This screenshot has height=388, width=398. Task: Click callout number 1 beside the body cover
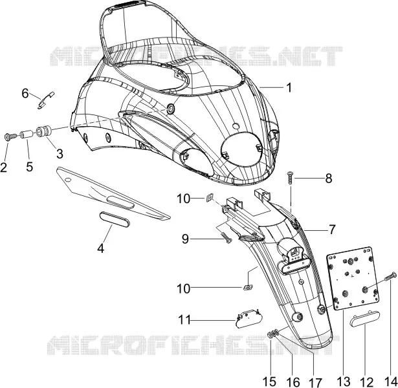pos(289,87)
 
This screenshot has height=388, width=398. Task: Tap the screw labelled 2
pos(10,137)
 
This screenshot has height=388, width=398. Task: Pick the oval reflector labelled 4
pos(115,219)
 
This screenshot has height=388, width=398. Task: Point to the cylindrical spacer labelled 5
pos(27,134)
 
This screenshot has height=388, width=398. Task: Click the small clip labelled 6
pos(46,100)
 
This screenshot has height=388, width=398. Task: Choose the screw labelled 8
pos(290,179)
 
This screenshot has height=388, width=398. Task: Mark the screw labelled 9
pos(227,238)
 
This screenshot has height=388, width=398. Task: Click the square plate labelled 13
pos(352,279)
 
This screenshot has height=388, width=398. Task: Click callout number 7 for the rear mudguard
pos(332,230)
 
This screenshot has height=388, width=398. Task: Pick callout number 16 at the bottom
pos(293,382)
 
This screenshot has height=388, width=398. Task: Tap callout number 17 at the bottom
pos(316,382)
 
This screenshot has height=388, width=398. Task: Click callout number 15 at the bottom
pos(269,381)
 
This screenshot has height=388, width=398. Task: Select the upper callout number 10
pos(184,199)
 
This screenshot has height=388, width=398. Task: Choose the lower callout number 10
pos(184,288)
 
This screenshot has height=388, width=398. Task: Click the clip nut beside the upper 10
pos(210,197)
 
